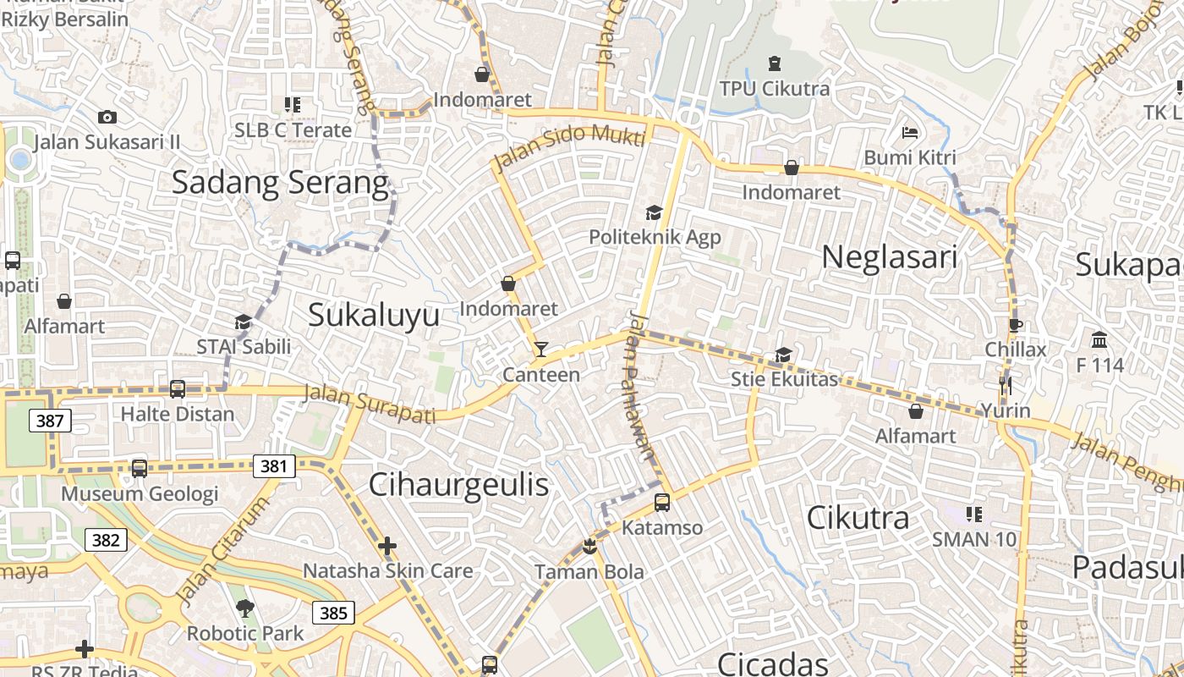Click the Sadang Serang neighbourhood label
coord(280,182)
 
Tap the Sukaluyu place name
coord(374,315)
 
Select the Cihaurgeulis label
coord(458,485)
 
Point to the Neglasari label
coord(889,257)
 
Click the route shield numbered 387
coord(50,421)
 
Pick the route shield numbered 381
coord(274,465)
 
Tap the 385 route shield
coord(333,612)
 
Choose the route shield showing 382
coord(106,540)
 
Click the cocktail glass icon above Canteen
coord(540,349)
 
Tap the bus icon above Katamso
coord(662,503)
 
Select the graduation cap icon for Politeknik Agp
coord(654,212)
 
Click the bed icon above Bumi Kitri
coord(910,133)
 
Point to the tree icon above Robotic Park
coord(245,608)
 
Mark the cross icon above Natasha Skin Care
coord(387,546)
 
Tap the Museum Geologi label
coord(140,493)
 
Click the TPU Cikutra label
coord(774,89)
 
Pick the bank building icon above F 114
coord(1099,340)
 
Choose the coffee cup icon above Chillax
coord(1015,325)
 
